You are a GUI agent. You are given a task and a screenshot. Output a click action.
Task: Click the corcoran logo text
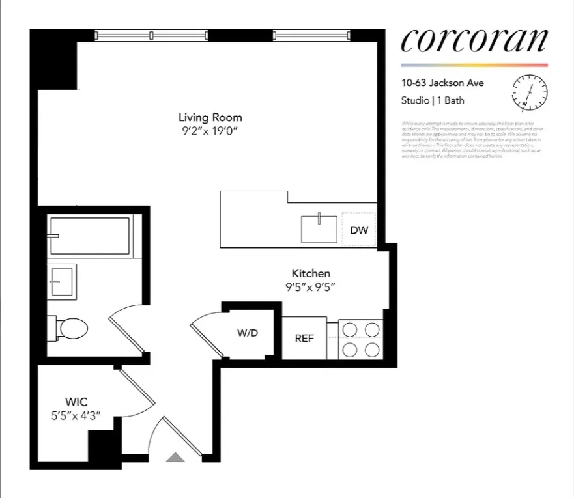click(474, 40)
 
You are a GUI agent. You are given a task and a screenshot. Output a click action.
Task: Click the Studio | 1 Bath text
click(433, 100)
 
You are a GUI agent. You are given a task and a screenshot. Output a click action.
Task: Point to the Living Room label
click(210, 117)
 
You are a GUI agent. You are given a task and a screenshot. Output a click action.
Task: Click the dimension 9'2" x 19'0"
click(210, 131)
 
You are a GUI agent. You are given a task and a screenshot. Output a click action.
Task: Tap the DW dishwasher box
click(359, 230)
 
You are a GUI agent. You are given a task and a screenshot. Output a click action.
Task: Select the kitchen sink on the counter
click(319, 228)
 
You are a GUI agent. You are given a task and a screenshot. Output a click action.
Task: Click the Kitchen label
click(310, 273)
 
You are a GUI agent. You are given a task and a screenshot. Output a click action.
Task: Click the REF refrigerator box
click(304, 339)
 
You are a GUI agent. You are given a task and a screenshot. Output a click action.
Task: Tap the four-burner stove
click(361, 339)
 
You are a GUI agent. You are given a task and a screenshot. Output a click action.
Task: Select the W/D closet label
click(248, 333)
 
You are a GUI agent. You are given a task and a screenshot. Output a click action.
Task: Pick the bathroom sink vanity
click(63, 280)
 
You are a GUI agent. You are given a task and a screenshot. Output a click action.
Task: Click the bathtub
click(90, 235)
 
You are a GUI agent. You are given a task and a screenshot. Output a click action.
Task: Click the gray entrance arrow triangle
click(175, 458)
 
